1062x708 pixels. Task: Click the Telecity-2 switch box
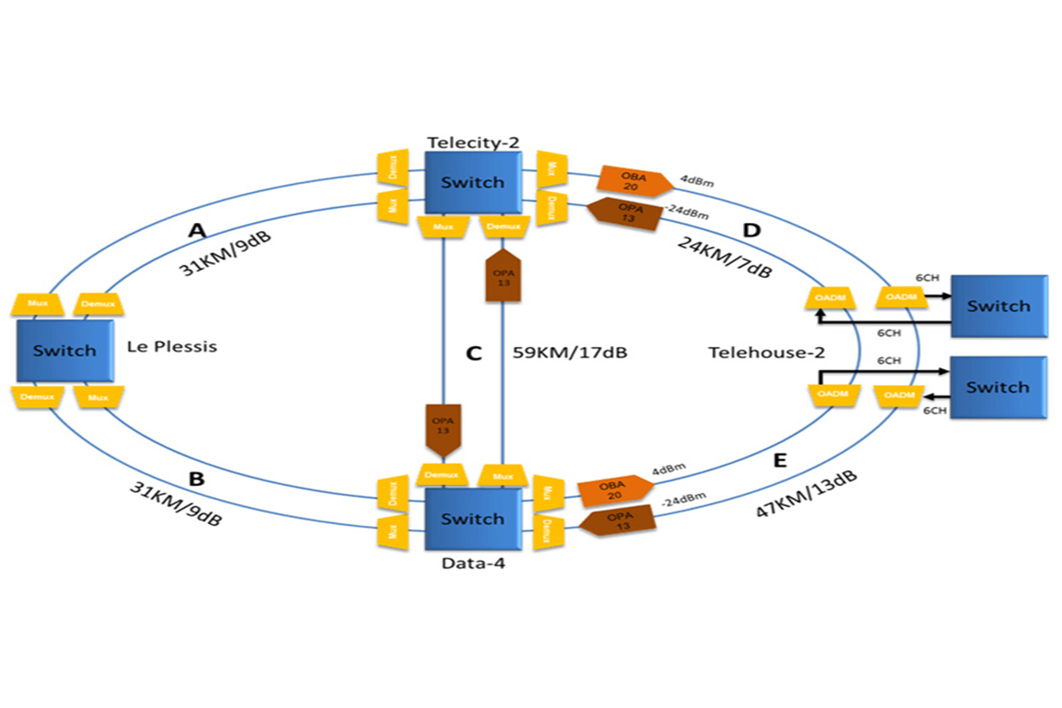click(473, 182)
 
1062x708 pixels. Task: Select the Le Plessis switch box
click(65, 350)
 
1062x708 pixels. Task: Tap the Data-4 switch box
click(473, 519)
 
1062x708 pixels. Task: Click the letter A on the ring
click(197, 231)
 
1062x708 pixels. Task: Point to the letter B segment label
click(197, 479)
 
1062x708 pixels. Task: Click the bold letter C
click(473, 354)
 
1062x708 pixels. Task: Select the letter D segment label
click(751, 231)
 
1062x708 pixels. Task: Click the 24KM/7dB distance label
click(725, 258)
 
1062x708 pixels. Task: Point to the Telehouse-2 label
click(766, 352)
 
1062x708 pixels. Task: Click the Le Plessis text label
click(173, 346)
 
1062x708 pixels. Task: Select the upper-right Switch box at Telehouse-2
click(998, 306)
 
